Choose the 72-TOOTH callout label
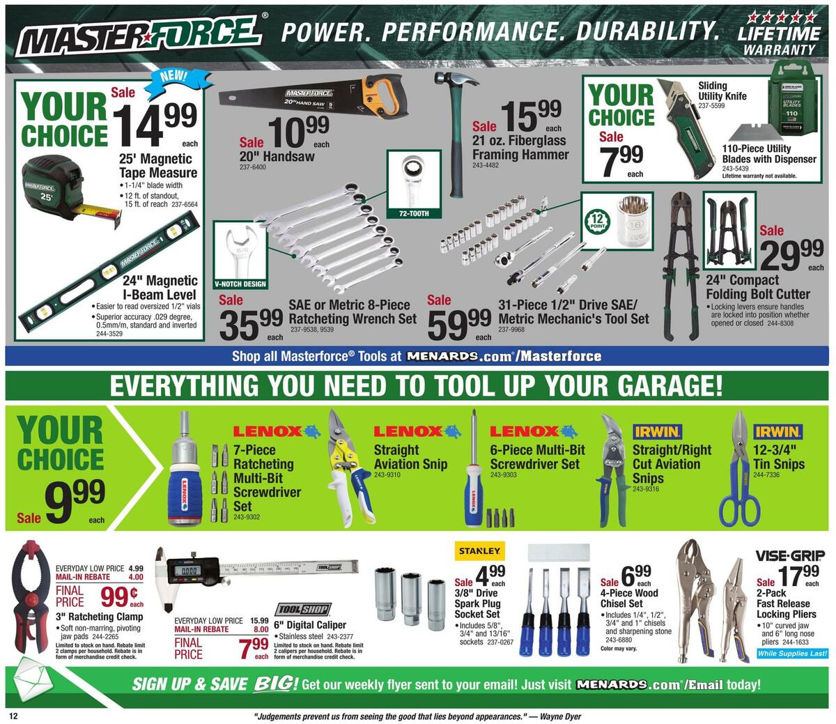pos(414,213)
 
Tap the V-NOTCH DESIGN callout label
pos(241,284)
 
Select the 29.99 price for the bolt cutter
pos(792,255)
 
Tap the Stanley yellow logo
pos(479,551)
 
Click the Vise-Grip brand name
pos(791,556)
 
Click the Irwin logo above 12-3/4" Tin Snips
pos(777,432)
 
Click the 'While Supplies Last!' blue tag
pos(792,654)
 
